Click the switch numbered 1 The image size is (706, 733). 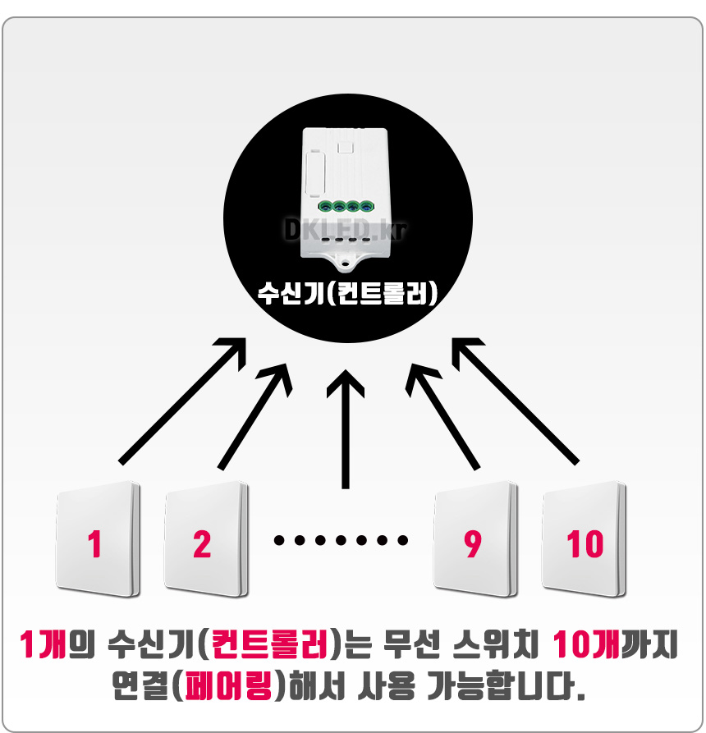[x=97, y=543]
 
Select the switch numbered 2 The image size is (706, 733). [x=205, y=543]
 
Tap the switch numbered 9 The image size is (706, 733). [x=475, y=543]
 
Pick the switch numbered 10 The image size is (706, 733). [x=584, y=543]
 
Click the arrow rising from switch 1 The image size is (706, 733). [x=182, y=399]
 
